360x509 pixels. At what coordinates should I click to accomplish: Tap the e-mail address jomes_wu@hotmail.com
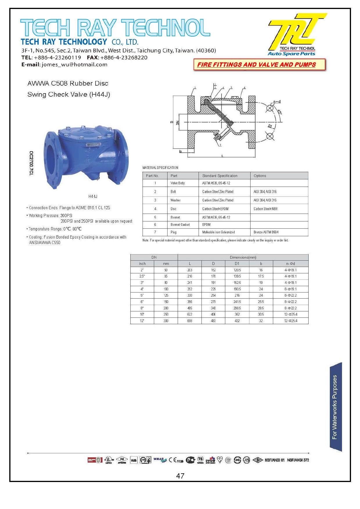coord(75,65)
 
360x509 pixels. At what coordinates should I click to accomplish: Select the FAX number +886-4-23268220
coord(124,57)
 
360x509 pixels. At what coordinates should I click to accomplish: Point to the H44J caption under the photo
coord(93,196)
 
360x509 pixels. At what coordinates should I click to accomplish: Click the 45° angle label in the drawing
coord(280,112)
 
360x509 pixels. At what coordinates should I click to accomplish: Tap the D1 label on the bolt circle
coord(270,126)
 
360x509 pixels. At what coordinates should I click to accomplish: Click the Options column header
coord(260,176)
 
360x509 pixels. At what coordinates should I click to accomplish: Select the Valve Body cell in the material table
coord(178,183)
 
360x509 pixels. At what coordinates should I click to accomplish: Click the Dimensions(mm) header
coord(243,257)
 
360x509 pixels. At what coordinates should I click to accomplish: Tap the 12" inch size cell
coord(142,321)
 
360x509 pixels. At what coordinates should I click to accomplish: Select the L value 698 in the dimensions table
coord(190,321)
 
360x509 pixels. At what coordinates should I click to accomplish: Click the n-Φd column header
coord(290,264)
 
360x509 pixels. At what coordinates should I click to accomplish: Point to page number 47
coord(180,476)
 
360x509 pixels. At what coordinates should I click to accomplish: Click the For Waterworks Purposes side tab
coord(335,407)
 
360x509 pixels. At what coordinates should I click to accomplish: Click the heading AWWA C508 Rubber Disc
coord(68,84)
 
